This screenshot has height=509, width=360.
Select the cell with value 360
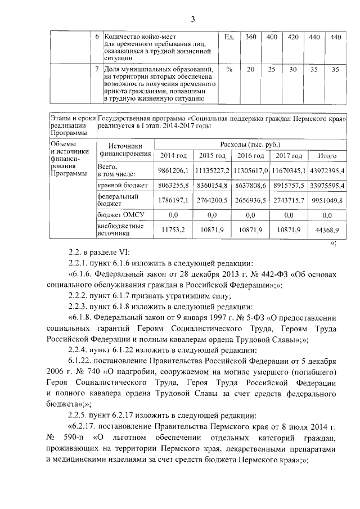click(x=251, y=37)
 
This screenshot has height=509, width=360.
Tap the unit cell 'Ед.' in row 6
click(x=229, y=37)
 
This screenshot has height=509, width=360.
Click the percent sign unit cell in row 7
click(x=229, y=69)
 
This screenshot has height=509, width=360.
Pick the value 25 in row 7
click(x=272, y=69)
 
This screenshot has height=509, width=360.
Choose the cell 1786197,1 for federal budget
click(x=173, y=200)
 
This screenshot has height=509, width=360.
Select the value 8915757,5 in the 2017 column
click(x=289, y=185)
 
